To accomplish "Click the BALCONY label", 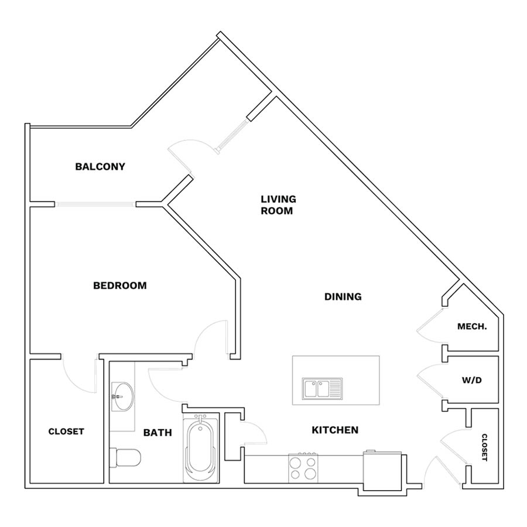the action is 100,166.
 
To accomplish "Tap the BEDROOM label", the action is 119,285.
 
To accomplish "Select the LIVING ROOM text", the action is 278,205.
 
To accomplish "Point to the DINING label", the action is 343,296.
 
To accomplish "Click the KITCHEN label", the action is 335,430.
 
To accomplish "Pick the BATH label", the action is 158,432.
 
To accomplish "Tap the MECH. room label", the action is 472,326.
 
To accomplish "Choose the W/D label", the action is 471,380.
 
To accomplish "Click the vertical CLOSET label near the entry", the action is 484,447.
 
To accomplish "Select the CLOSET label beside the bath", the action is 66,431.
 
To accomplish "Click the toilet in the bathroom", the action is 125,457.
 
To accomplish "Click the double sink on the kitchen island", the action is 322,389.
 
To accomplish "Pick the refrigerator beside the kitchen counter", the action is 382,470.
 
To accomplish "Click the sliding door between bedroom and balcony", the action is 95,204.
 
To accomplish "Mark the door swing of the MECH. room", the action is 430,326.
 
